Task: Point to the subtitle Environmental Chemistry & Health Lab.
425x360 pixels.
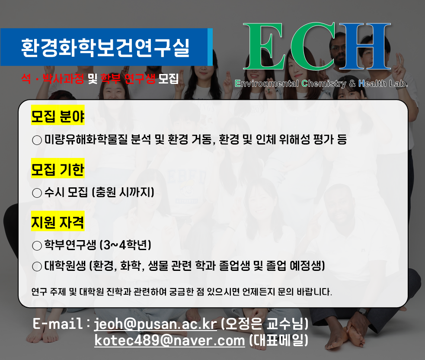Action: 321,84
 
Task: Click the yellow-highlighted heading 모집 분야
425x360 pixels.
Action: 58,116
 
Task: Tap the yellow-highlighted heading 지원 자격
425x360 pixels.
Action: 58,222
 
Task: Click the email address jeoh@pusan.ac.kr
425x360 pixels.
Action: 155,323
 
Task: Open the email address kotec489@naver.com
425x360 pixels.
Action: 169,341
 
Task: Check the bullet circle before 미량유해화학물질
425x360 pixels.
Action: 37,140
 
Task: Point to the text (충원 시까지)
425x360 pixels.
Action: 123,192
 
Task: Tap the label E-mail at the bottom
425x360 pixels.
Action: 58,323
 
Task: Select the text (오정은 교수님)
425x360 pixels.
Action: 264,323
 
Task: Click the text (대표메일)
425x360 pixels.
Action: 278,341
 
